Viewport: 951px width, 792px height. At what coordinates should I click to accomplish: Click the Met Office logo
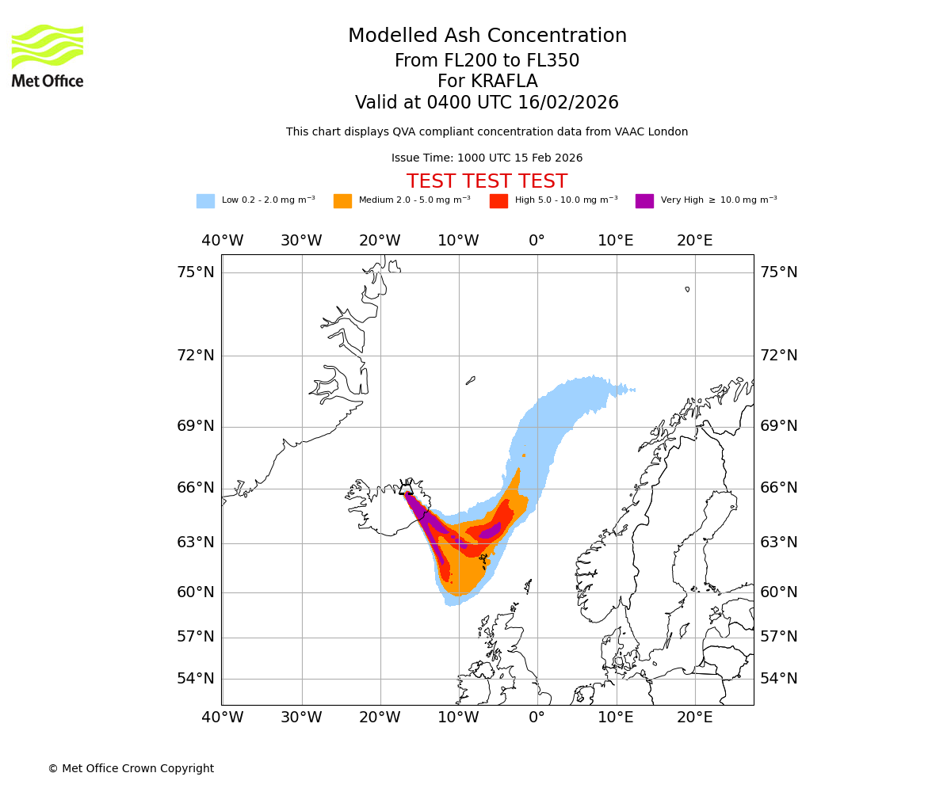tap(48, 55)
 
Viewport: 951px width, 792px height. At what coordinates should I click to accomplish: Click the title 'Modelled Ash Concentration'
tap(487, 36)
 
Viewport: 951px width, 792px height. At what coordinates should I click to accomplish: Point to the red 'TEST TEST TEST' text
tap(487, 182)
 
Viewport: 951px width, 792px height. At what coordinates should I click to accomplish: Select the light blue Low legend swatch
tap(205, 201)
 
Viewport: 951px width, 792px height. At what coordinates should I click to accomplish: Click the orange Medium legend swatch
tap(342, 201)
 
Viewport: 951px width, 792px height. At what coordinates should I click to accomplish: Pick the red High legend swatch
tap(498, 201)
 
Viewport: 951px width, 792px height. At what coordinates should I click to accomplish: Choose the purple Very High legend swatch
tap(644, 201)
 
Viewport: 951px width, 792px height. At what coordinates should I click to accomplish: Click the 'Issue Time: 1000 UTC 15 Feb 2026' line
tap(487, 158)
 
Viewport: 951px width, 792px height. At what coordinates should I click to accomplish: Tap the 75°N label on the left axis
tap(195, 272)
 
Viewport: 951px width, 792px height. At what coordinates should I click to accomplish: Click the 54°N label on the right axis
tap(779, 679)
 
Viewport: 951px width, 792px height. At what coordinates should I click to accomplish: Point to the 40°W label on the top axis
tap(223, 241)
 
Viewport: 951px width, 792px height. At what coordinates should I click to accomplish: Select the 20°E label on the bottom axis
tap(694, 718)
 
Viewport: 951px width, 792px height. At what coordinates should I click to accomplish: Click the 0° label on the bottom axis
tap(537, 718)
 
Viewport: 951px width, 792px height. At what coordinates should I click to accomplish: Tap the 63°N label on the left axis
tap(195, 543)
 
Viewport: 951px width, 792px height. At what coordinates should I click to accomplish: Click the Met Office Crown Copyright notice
tap(131, 769)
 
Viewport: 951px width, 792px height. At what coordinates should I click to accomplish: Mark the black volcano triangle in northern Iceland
tap(407, 489)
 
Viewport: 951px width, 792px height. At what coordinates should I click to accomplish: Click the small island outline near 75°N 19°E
tap(687, 289)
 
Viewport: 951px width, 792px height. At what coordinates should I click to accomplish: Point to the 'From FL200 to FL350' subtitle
tap(487, 61)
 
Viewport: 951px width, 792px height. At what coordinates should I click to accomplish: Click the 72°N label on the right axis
tap(779, 356)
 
